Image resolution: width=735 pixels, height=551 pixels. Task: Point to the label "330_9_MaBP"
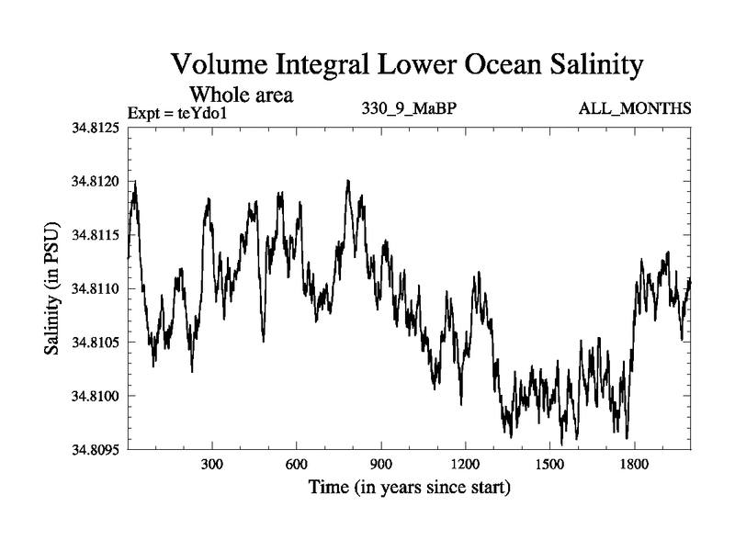410,109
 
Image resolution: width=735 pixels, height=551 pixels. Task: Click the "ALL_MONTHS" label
634,109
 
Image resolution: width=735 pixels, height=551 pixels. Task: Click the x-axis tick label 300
212,465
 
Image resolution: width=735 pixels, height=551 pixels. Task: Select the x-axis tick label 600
297,465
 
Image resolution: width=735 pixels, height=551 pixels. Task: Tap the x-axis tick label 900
381,465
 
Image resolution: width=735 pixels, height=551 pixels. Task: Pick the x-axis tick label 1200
465,465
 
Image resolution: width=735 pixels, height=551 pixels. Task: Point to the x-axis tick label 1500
549,465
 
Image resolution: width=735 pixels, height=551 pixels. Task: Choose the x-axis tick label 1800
634,465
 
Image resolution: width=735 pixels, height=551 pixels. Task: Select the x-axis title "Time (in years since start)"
409,487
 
